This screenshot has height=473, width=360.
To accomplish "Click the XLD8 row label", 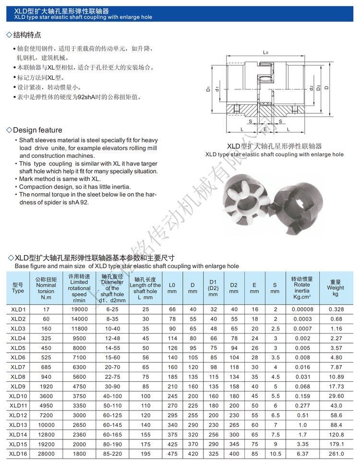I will (18, 377).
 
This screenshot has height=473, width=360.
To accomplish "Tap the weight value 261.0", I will (336, 453).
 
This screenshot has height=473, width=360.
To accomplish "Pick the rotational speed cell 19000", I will (79, 309).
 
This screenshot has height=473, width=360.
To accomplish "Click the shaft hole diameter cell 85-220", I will (112, 453).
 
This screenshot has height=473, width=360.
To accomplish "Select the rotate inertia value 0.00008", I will (302, 309).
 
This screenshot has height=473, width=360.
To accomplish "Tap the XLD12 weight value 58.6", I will (336, 415).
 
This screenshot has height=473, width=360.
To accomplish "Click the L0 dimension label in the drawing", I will (265, 52).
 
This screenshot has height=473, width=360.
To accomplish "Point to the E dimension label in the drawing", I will (264, 129).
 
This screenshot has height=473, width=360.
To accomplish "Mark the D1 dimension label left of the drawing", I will (209, 89).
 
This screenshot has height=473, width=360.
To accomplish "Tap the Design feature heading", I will (37, 130).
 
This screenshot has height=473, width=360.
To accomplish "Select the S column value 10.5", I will (275, 453).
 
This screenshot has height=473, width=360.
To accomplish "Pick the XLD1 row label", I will (18, 309).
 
